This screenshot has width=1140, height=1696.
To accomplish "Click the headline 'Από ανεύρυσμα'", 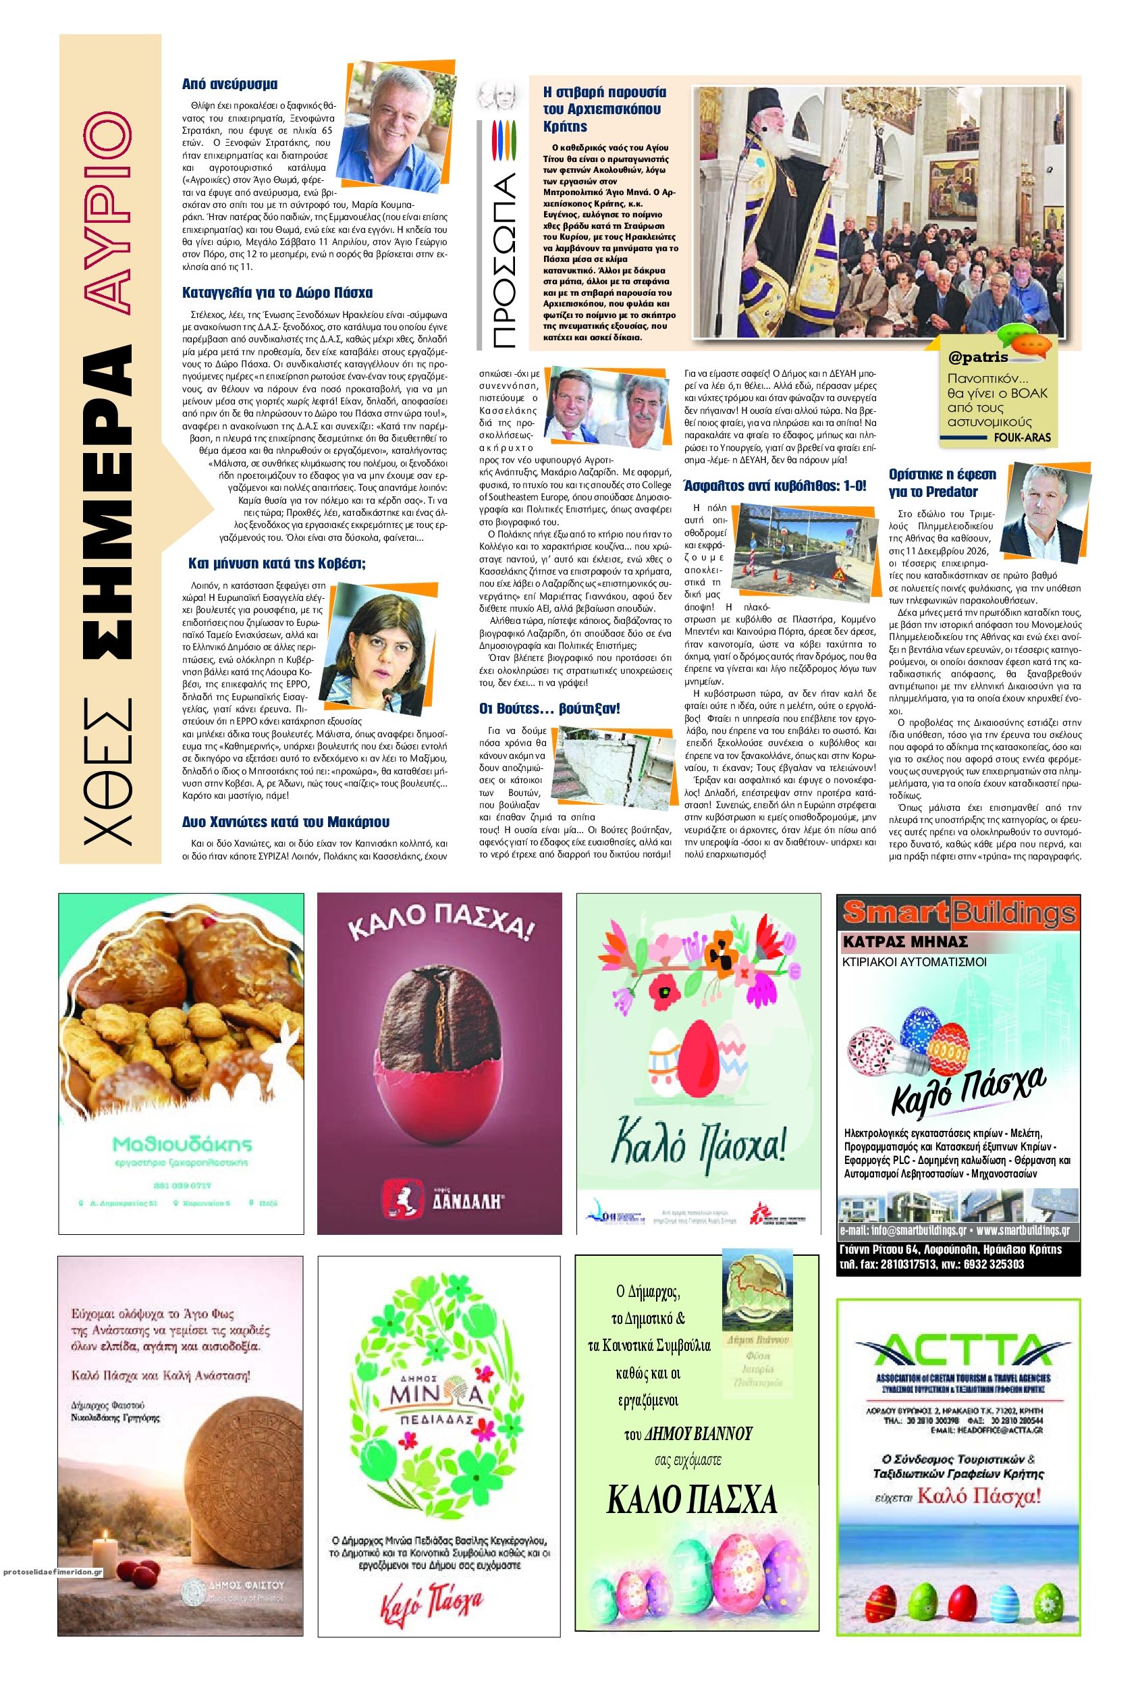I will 229,84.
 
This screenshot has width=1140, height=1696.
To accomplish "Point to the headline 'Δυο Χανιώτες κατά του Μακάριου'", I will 286,822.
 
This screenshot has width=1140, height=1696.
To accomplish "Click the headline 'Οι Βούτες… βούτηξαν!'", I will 549,708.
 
